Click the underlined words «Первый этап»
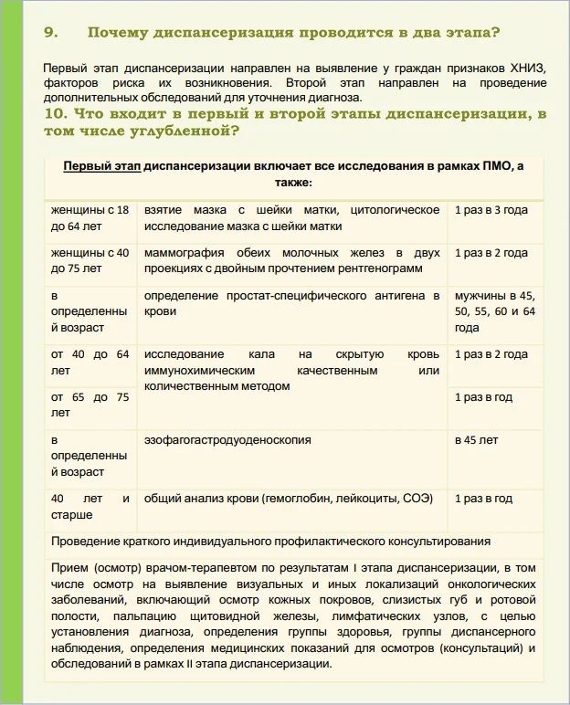[101, 166]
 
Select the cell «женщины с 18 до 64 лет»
[90, 218]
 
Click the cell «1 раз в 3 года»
[491, 210]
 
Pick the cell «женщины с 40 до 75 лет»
[90, 261]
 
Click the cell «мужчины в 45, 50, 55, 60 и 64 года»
[494, 311]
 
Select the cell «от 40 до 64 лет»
[90, 363]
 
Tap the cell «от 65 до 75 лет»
[90, 405]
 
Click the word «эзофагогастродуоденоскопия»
[227, 440]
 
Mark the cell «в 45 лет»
[477, 440]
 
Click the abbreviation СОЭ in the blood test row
[417, 499]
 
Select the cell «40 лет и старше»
[90, 507]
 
